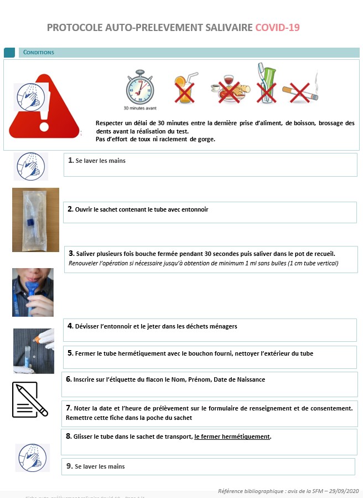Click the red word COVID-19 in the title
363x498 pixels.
point(277,27)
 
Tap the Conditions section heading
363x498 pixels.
point(39,53)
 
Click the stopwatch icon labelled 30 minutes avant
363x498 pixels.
point(139,88)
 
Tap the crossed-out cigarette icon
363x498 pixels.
point(299,91)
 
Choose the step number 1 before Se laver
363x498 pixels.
point(71,161)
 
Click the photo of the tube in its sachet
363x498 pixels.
point(35,219)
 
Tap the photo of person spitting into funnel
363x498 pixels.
point(33,292)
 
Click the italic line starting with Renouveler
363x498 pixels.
point(203,263)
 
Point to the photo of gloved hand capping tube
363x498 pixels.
point(33,351)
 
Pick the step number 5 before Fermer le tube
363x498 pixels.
point(70,353)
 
